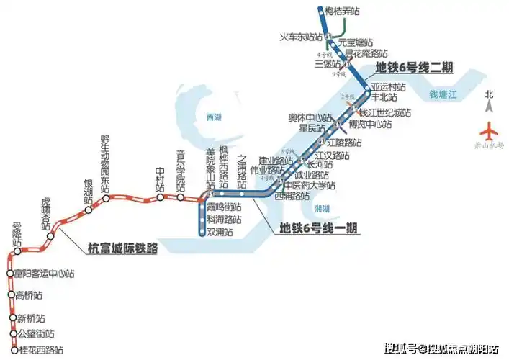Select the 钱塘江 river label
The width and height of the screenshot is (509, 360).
click(x=443, y=94)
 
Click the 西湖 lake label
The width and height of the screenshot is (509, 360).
click(x=214, y=117)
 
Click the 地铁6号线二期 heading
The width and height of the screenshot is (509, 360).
click(x=414, y=68)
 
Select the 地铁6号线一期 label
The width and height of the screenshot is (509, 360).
click(x=320, y=228)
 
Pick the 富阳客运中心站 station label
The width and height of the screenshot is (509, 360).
click(x=45, y=274)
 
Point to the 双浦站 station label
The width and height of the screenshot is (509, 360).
click(x=220, y=232)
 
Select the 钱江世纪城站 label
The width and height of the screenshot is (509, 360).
click(x=385, y=113)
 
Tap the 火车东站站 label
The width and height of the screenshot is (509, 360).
click(x=301, y=37)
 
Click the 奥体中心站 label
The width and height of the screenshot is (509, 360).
click(x=310, y=117)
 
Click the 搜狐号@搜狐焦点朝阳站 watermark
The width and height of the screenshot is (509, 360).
click(x=441, y=350)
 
